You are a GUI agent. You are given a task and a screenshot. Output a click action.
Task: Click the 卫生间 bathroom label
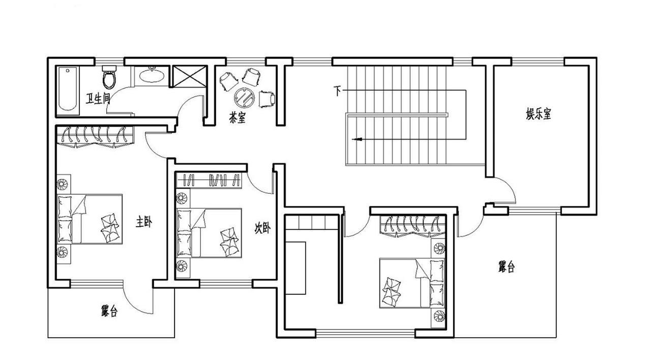pos(98,99)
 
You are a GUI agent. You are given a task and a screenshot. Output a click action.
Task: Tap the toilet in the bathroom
pos(109,77)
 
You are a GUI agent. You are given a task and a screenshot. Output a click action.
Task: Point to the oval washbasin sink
pos(152,75)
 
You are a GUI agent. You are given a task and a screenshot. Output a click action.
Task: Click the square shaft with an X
pos(190,76)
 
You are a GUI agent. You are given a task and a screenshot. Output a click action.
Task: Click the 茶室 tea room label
pos(237,117)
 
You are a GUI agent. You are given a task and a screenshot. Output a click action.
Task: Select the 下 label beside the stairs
pos(337,91)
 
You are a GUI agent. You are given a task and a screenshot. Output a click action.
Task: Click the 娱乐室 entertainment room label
pos(539,114)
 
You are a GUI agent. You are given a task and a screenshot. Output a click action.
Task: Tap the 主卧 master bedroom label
pos(144,222)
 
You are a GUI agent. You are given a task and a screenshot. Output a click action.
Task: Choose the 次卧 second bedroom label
pos(262,228)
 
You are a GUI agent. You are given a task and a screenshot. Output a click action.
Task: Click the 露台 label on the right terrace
pos(506,267)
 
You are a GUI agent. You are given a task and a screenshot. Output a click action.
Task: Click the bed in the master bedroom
pos(90,219)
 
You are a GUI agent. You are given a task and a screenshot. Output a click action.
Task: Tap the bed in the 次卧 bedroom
pos(209,233)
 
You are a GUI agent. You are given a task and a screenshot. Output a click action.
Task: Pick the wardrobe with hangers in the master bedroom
pos(95,137)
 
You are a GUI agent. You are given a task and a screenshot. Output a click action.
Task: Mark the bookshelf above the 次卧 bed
pos(209,180)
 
